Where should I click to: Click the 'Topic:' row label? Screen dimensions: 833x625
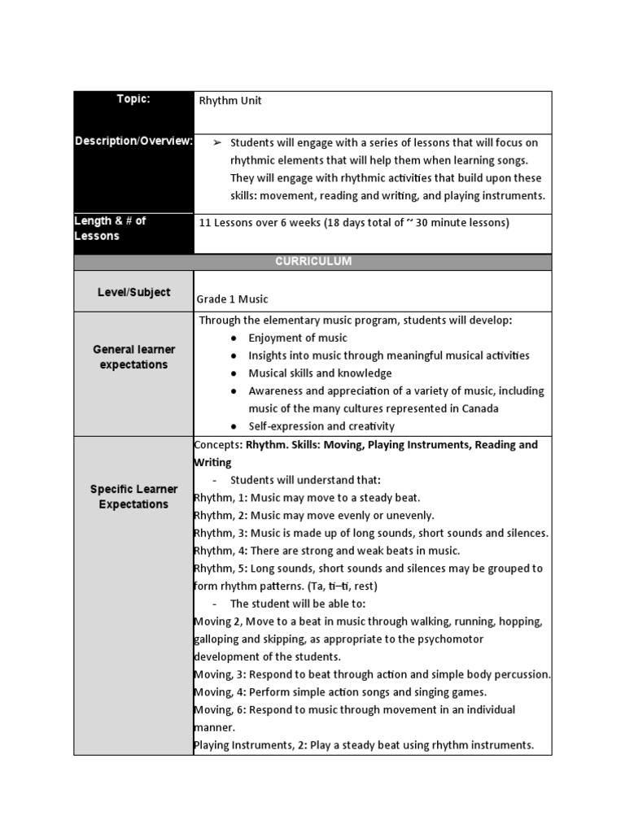[133, 99]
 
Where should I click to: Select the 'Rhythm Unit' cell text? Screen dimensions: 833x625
[230, 101]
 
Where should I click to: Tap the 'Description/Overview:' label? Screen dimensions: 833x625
[133, 141]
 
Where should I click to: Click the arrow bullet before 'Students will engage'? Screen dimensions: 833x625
[217, 142]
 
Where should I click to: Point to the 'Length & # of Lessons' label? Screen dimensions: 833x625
[110, 229]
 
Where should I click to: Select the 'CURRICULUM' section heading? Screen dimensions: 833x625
[312, 262]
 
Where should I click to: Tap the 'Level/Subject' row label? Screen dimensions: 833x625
[133, 292]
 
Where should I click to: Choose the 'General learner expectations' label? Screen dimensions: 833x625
[133, 357]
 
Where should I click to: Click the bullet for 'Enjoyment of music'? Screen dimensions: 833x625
[233, 338]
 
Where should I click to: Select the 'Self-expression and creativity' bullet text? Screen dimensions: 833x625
[321, 426]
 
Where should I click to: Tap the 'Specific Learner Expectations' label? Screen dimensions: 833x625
[133, 496]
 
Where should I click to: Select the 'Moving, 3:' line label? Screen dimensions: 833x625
[221, 674]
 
